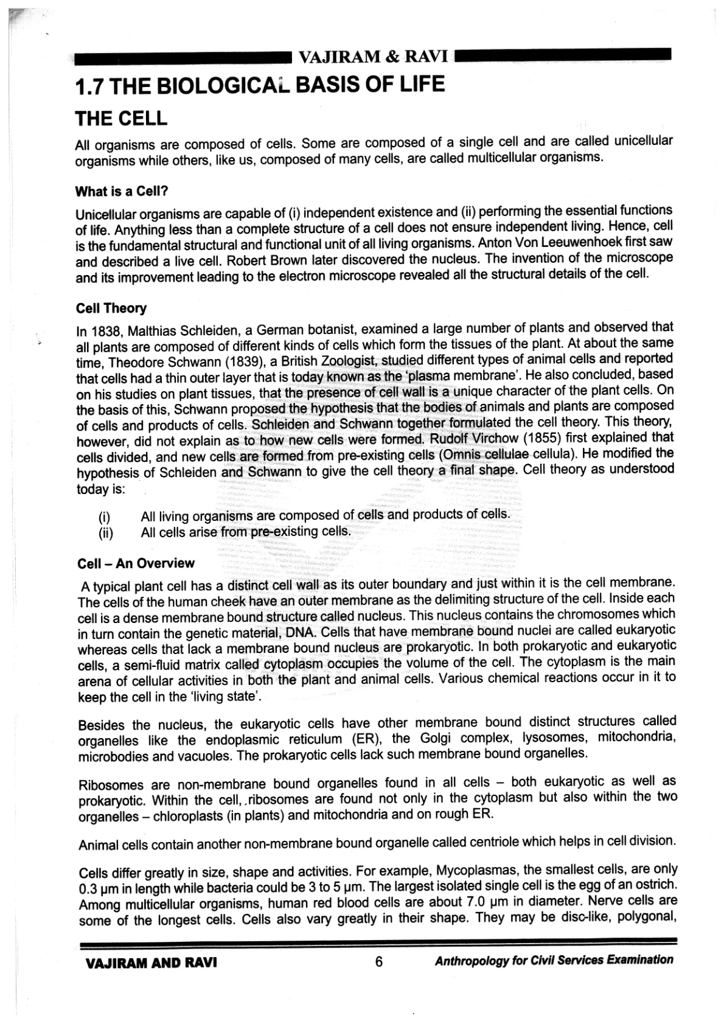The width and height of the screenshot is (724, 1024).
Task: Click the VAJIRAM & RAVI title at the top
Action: [374, 58]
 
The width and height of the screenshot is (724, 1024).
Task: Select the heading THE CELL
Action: [120, 118]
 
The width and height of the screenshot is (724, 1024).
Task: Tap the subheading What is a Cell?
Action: [121, 191]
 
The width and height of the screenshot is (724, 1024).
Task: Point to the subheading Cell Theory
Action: [111, 308]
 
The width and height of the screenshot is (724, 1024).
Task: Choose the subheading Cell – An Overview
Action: [136, 563]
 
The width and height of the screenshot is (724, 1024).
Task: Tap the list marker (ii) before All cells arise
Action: [106, 534]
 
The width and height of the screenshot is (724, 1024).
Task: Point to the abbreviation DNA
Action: [299, 632]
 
